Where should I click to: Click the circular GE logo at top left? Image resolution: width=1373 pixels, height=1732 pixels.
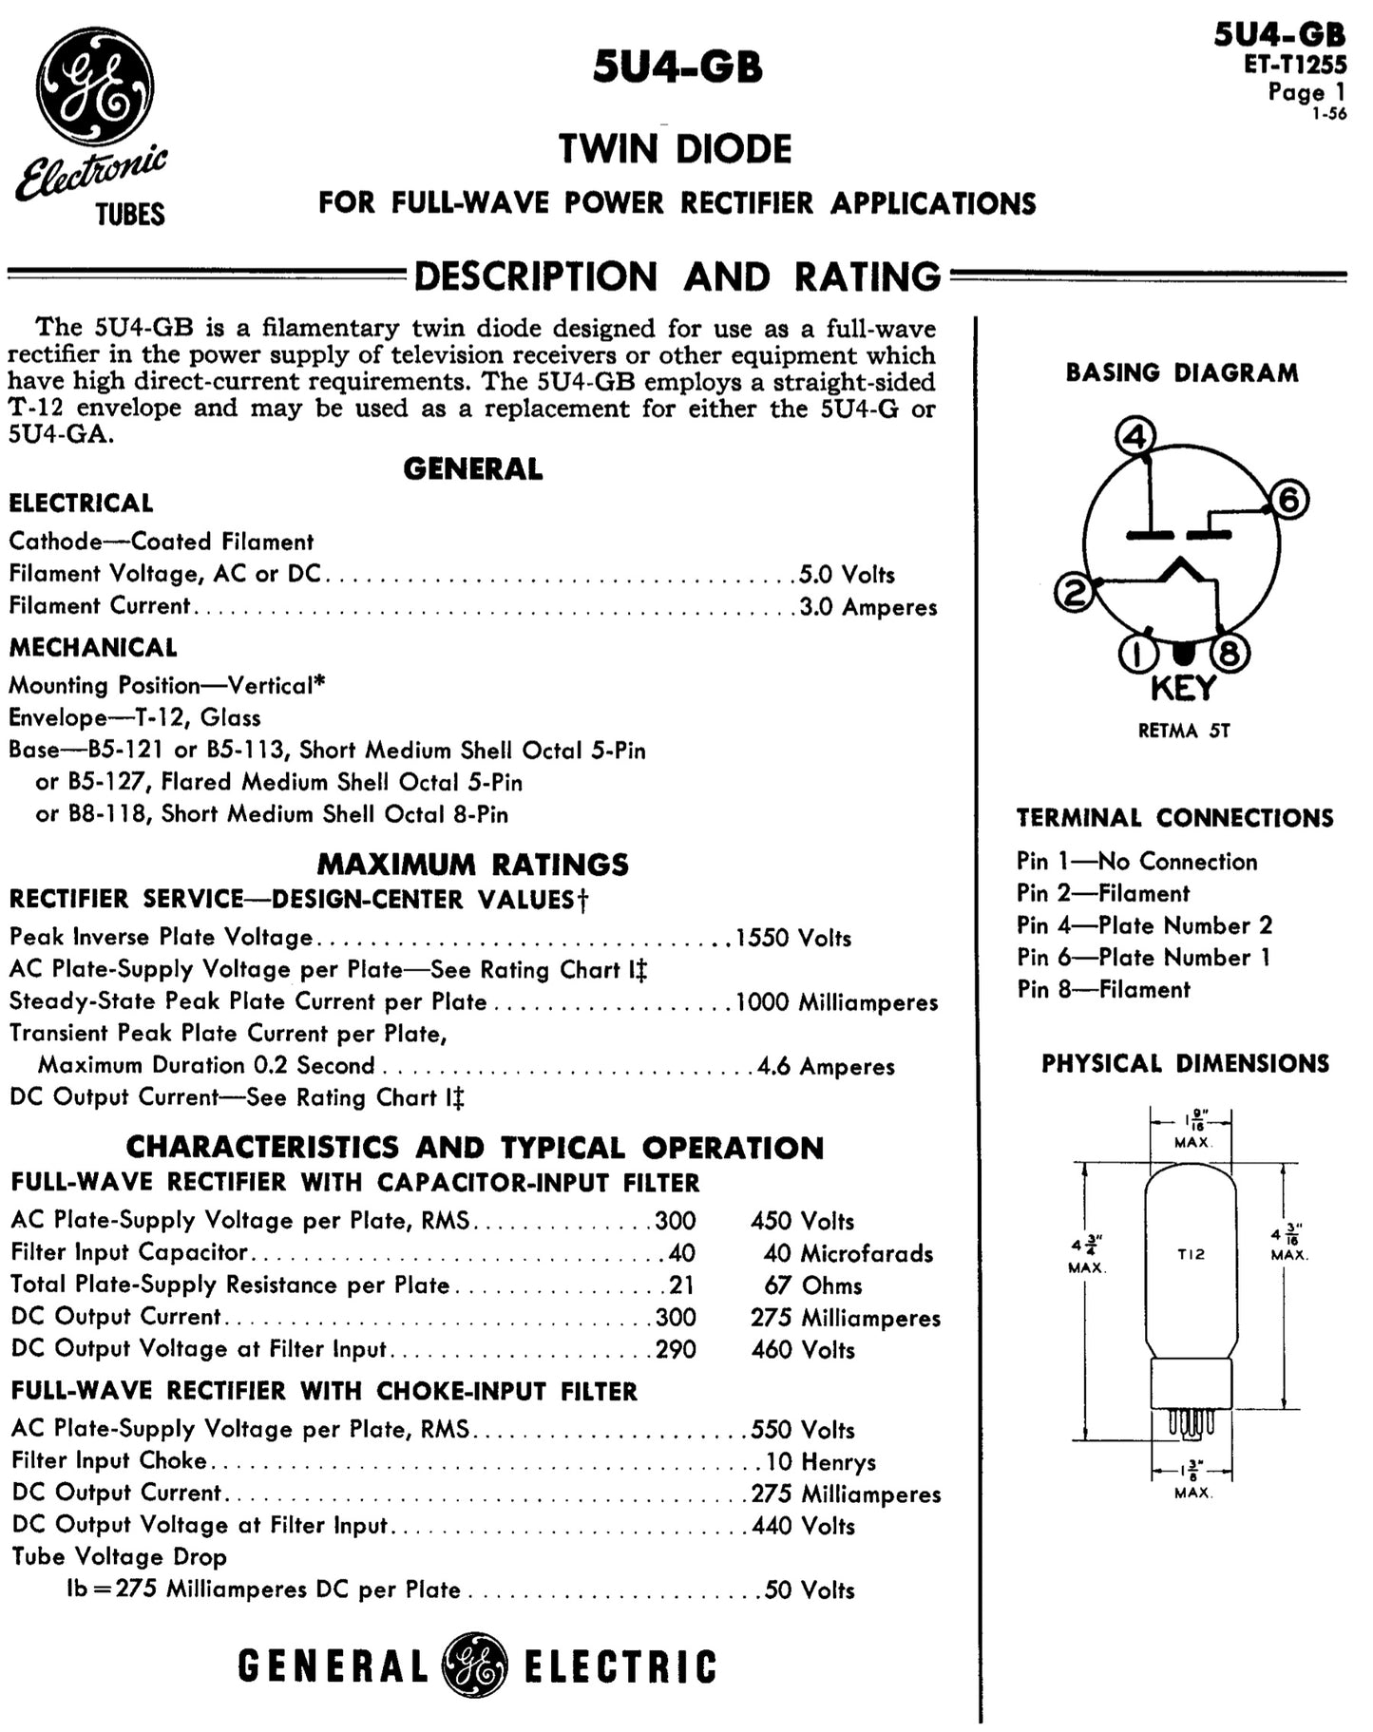click(x=95, y=87)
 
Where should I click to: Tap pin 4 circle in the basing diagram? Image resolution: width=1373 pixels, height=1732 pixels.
click(x=1135, y=437)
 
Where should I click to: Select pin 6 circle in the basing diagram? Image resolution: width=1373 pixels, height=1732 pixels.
click(x=1288, y=500)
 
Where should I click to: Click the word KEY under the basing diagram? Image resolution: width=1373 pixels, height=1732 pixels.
click(x=1183, y=688)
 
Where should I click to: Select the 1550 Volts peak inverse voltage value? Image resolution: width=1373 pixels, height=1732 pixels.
click(x=793, y=939)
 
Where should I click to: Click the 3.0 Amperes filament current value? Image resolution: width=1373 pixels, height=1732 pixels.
click(x=868, y=607)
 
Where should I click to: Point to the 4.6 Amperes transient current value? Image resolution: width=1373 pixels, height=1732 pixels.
click(x=826, y=1067)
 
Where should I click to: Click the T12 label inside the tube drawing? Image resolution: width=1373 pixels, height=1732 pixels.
click(x=1191, y=1254)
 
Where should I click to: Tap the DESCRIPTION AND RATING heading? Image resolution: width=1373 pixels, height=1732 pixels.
click(x=677, y=276)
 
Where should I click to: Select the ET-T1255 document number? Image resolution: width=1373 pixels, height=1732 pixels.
click(x=1295, y=65)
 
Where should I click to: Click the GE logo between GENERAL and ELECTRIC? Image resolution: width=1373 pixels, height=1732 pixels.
click(x=476, y=1665)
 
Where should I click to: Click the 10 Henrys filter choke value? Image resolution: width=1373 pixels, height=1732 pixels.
click(x=821, y=1462)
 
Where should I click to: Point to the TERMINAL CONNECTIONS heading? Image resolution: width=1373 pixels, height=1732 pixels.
click(x=1174, y=818)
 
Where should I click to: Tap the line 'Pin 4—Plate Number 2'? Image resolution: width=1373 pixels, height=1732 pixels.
click(x=1144, y=925)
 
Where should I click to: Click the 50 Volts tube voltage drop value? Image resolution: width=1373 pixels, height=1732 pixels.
click(x=810, y=1590)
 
